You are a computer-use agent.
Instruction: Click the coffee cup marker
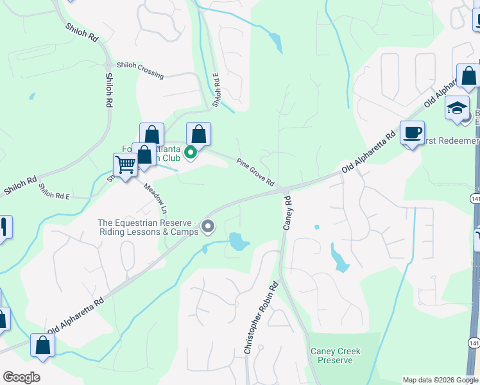tap(412, 133)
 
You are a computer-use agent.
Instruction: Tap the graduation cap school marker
tap(457, 108)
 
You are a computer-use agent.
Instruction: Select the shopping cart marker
tap(125, 164)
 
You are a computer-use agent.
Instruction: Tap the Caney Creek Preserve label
tap(335, 355)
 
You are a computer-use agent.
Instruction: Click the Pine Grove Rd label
tap(255, 173)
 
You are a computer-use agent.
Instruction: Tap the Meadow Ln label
tap(155, 198)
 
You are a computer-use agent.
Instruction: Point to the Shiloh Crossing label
tap(140, 71)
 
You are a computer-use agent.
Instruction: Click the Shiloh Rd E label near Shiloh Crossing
tap(217, 89)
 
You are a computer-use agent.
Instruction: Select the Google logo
tap(21, 377)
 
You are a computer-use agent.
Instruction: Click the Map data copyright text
tap(440, 380)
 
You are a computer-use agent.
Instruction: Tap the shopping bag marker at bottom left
tap(42, 345)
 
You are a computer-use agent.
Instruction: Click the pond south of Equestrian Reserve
tap(238, 242)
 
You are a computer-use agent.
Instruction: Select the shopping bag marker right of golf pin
tap(199, 135)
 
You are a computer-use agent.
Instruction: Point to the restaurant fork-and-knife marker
tap(4, 228)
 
